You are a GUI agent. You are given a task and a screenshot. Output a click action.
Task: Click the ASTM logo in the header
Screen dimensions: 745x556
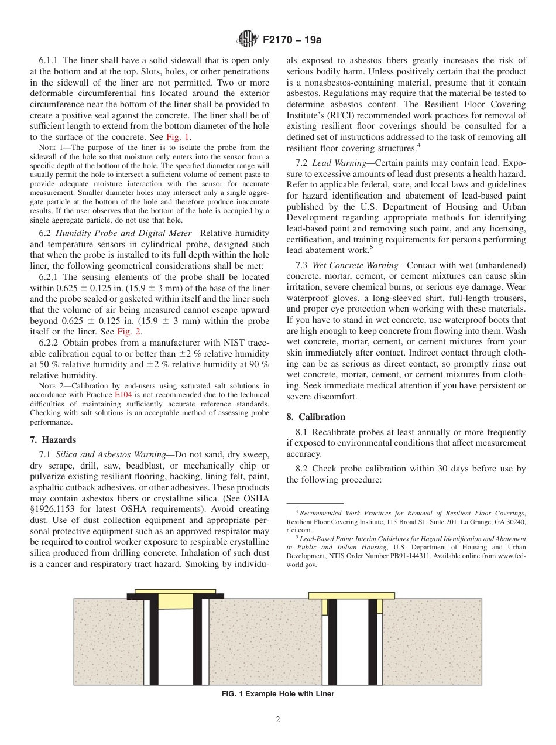pos(245,40)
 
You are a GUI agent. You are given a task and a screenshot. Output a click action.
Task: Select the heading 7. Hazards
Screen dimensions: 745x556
pos(53,439)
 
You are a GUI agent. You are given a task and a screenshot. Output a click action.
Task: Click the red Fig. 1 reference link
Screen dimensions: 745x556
pos(178,137)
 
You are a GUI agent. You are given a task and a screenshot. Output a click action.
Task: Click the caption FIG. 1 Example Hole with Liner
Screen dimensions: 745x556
pos(277,694)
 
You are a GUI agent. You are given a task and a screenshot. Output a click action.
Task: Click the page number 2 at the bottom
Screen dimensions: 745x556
pos(278,720)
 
